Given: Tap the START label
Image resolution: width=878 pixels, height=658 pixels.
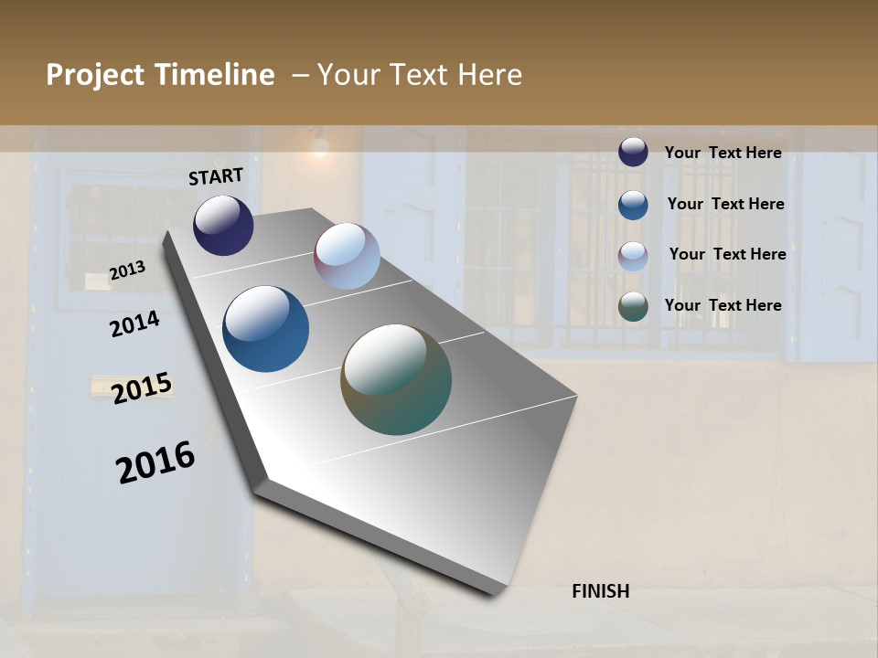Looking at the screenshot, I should tap(216, 176).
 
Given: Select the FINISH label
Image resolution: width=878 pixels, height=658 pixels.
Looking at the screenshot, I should tap(601, 591).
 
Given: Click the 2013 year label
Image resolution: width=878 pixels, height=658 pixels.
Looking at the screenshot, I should tap(127, 271).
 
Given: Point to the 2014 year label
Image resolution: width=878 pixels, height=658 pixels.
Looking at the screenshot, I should tap(134, 324).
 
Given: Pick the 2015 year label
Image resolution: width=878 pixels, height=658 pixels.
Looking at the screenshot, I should tap(142, 388).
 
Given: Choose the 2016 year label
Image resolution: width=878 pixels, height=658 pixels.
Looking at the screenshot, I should tap(155, 462).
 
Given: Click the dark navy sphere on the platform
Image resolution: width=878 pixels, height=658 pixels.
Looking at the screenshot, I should tap(223, 226).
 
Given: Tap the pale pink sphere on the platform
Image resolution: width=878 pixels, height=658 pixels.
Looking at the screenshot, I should tap(347, 256).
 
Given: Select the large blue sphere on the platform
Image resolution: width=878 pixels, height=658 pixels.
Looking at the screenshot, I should tap(266, 329).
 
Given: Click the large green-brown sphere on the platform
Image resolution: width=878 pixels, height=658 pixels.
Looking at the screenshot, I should tap(396, 379).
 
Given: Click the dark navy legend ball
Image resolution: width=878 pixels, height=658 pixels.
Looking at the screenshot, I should tap(633, 152).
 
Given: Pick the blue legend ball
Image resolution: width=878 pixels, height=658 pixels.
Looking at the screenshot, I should tap(633, 205).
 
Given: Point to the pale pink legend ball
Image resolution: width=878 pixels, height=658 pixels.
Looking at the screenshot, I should tap(633, 256).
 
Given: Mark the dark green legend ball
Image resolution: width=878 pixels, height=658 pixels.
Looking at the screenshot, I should tap(633, 306).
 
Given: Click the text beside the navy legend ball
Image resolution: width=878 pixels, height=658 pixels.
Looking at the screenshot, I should tap(723, 153).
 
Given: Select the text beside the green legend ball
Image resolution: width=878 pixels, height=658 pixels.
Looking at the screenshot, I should tap(723, 305).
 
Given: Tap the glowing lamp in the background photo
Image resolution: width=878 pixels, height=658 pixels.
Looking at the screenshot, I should tap(319, 144).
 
